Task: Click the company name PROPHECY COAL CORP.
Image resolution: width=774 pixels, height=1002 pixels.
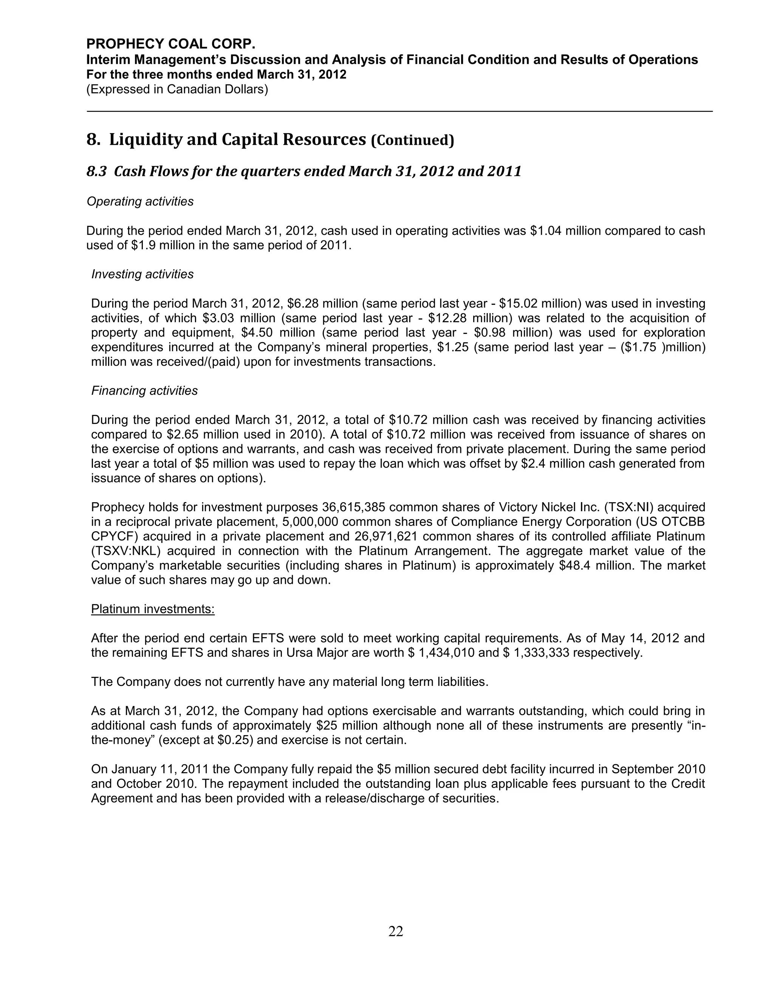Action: (x=170, y=44)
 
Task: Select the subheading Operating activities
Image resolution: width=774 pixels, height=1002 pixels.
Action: (x=140, y=202)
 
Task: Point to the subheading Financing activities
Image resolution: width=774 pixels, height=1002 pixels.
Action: (x=144, y=391)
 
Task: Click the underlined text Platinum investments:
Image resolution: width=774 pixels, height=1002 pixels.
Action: (x=153, y=609)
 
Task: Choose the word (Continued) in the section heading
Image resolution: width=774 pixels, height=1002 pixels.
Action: (x=412, y=140)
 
